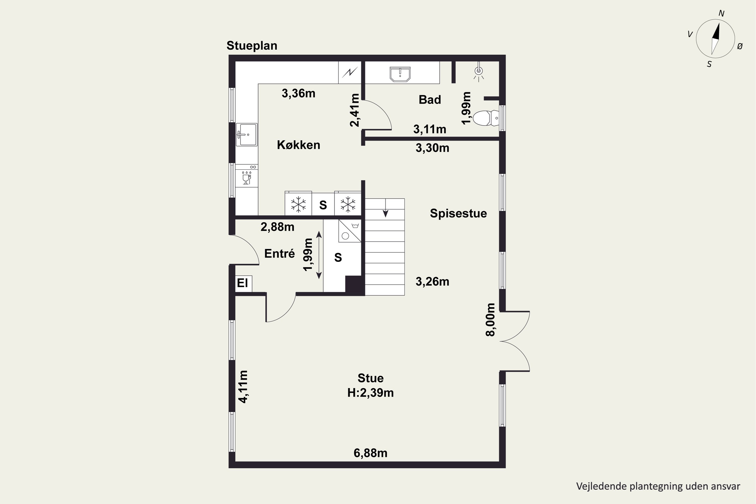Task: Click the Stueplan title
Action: point(252,46)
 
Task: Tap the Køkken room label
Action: point(299,145)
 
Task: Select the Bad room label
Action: point(430,100)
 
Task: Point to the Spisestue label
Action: point(458,213)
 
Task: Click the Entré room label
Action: point(279,254)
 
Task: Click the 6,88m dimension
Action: point(370,453)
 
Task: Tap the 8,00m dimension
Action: point(490,320)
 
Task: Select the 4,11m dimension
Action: point(243,386)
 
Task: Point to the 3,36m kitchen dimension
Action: point(298,93)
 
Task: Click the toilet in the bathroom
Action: point(486,118)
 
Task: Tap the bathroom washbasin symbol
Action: point(400,74)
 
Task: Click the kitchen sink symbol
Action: point(246,134)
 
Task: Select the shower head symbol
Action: point(479,72)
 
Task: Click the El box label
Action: point(242,283)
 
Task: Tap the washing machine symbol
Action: point(350,231)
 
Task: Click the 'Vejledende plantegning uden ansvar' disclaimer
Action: point(658,486)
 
